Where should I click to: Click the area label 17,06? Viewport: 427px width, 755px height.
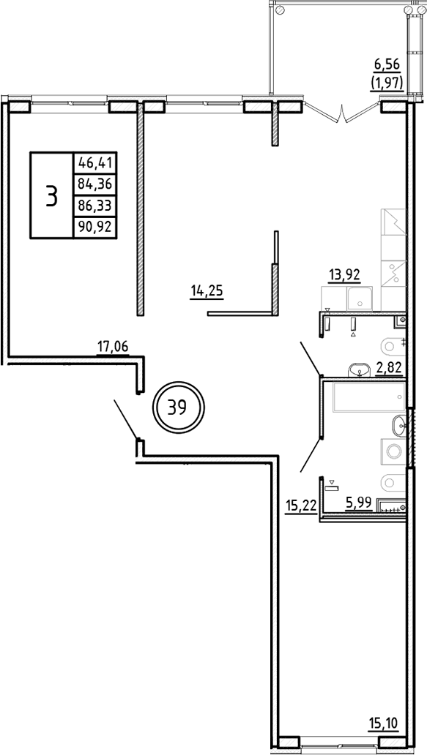click(x=114, y=346)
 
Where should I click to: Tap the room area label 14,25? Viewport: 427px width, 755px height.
click(x=207, y=292)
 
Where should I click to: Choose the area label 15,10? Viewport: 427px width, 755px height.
click(x=384, y=723)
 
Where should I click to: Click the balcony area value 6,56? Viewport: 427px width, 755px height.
click(x=387, y=63)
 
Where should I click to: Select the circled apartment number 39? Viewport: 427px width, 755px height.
click(x=178, y=407)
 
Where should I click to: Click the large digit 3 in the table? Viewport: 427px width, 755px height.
click(x=51, y=196)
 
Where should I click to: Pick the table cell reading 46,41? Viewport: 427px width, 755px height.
click(x=95, y=162)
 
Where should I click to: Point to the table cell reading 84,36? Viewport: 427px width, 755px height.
click(x=95, y=184)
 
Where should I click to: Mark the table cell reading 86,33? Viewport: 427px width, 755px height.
click(x=95, y=206)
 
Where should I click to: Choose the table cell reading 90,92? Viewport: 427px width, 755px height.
click(x=95, y=228)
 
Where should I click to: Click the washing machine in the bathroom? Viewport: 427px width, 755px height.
click(x=393, y=451)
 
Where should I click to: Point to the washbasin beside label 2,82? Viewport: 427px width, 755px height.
click(x=358, y=369)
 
